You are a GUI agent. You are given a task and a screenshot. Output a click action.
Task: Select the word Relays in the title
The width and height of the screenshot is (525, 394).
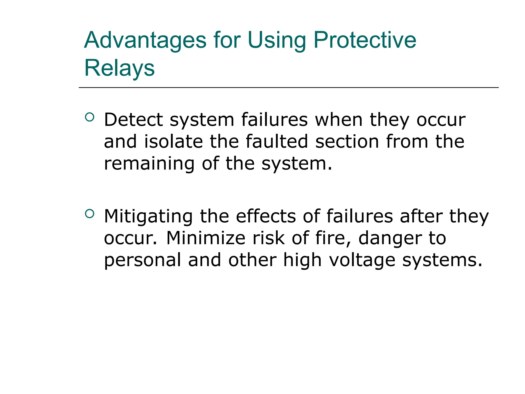coord(119,68)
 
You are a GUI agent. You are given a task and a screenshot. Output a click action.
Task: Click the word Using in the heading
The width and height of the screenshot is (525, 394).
coord(277,41)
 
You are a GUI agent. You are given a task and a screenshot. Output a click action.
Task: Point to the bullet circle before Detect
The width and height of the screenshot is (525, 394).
coord(89,117)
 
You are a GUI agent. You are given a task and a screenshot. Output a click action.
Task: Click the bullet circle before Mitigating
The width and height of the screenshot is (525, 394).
coord(89,214)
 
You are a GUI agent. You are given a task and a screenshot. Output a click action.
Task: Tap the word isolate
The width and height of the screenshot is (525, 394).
coord(174,142)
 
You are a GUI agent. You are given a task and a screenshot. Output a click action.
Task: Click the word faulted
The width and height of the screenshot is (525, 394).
coord(277,142)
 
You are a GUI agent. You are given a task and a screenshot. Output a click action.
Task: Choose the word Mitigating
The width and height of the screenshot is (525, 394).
coord(148,217)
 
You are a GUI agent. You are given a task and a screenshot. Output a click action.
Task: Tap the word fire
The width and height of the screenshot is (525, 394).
coord(333,239)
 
